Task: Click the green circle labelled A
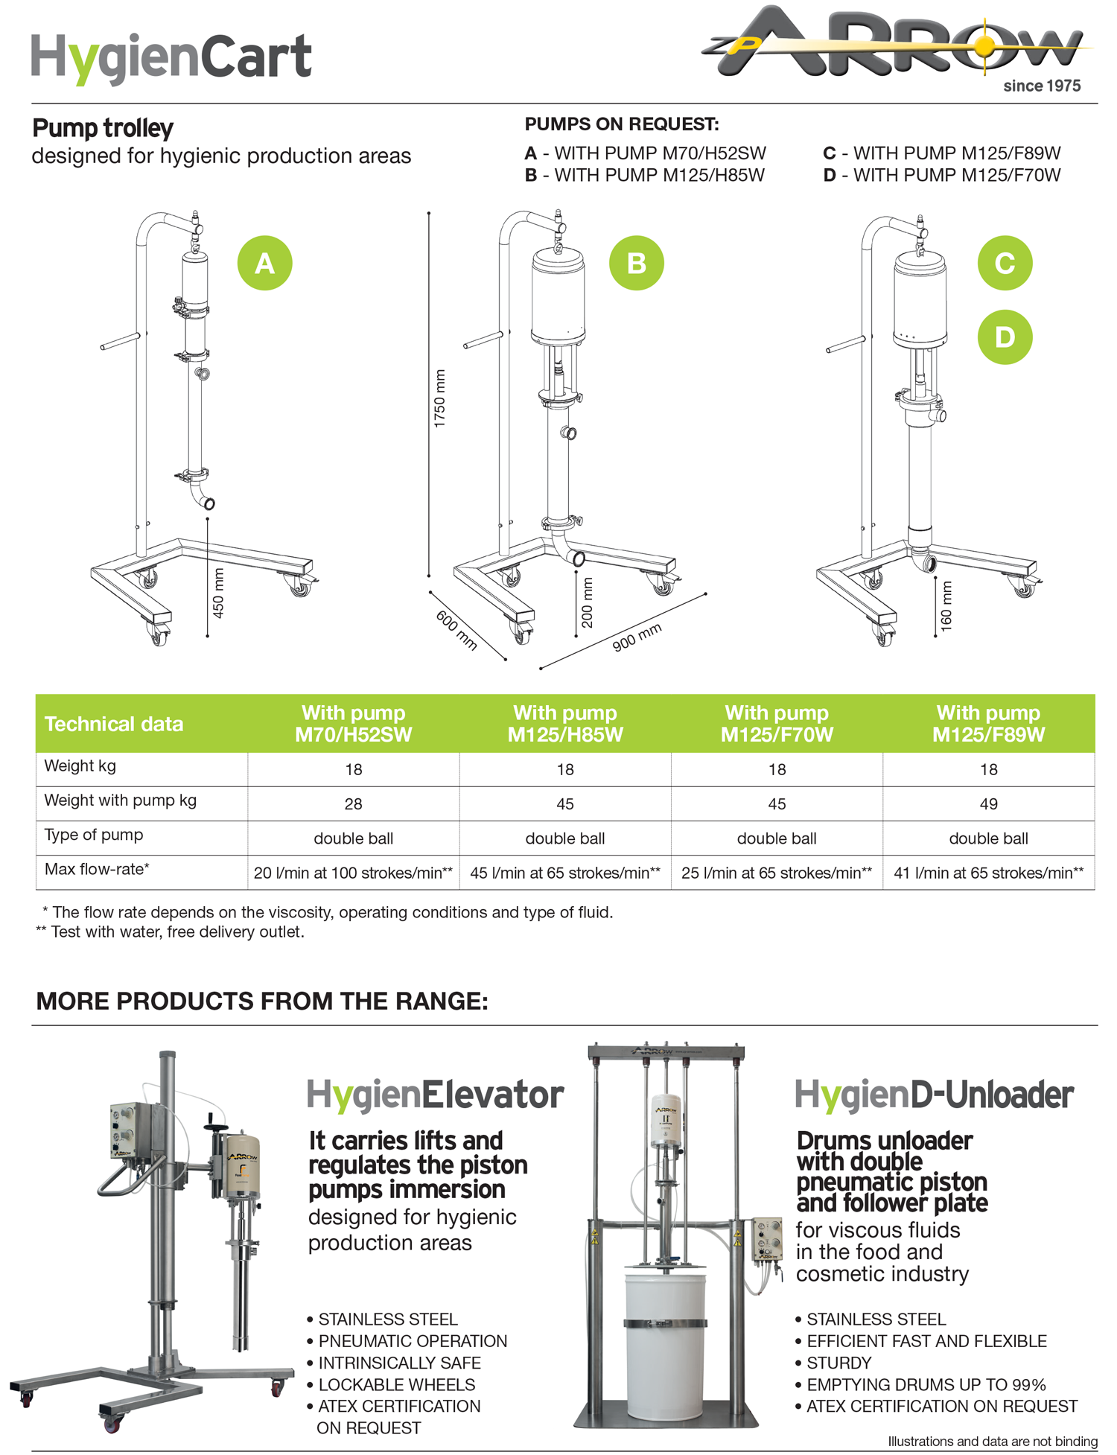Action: point(264,263)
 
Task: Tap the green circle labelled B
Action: point(636,263)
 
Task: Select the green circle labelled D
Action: point(1005,337)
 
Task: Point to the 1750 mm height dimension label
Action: point(440,398)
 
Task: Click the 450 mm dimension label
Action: point(218,593)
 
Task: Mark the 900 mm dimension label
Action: point(637,637)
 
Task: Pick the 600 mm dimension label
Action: point(456,630)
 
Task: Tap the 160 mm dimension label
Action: point(946,607)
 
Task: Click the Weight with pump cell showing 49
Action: point(988,804)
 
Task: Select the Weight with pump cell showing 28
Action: point(353,804)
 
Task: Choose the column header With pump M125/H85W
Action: point(565,724)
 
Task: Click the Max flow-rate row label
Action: point(97,869)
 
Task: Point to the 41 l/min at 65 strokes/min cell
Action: point(988,873)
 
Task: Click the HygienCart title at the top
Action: point(171,58)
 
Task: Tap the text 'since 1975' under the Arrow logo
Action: point(1042,86)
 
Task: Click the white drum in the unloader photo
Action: point(665,1347)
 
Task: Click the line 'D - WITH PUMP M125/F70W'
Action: point(942,175)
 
